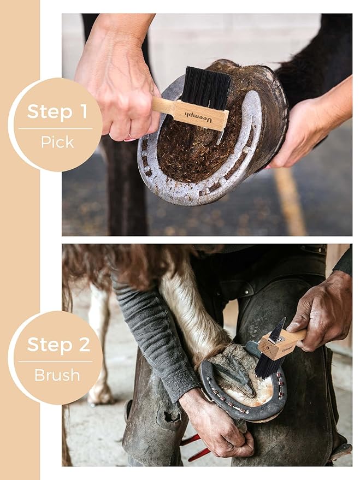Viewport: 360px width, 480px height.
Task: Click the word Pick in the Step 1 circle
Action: (57, 142)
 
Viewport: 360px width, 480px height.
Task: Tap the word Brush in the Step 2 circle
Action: (57, 375)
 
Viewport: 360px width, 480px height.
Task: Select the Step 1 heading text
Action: (57, 111)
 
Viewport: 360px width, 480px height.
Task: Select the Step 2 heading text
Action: (58, 345)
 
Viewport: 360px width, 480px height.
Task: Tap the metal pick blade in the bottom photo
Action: (278, 330)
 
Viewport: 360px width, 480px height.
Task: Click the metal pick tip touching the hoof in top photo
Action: (220, 137)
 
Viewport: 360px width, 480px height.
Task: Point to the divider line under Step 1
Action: (56, 128)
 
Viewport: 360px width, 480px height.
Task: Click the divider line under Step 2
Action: (56, 362)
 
